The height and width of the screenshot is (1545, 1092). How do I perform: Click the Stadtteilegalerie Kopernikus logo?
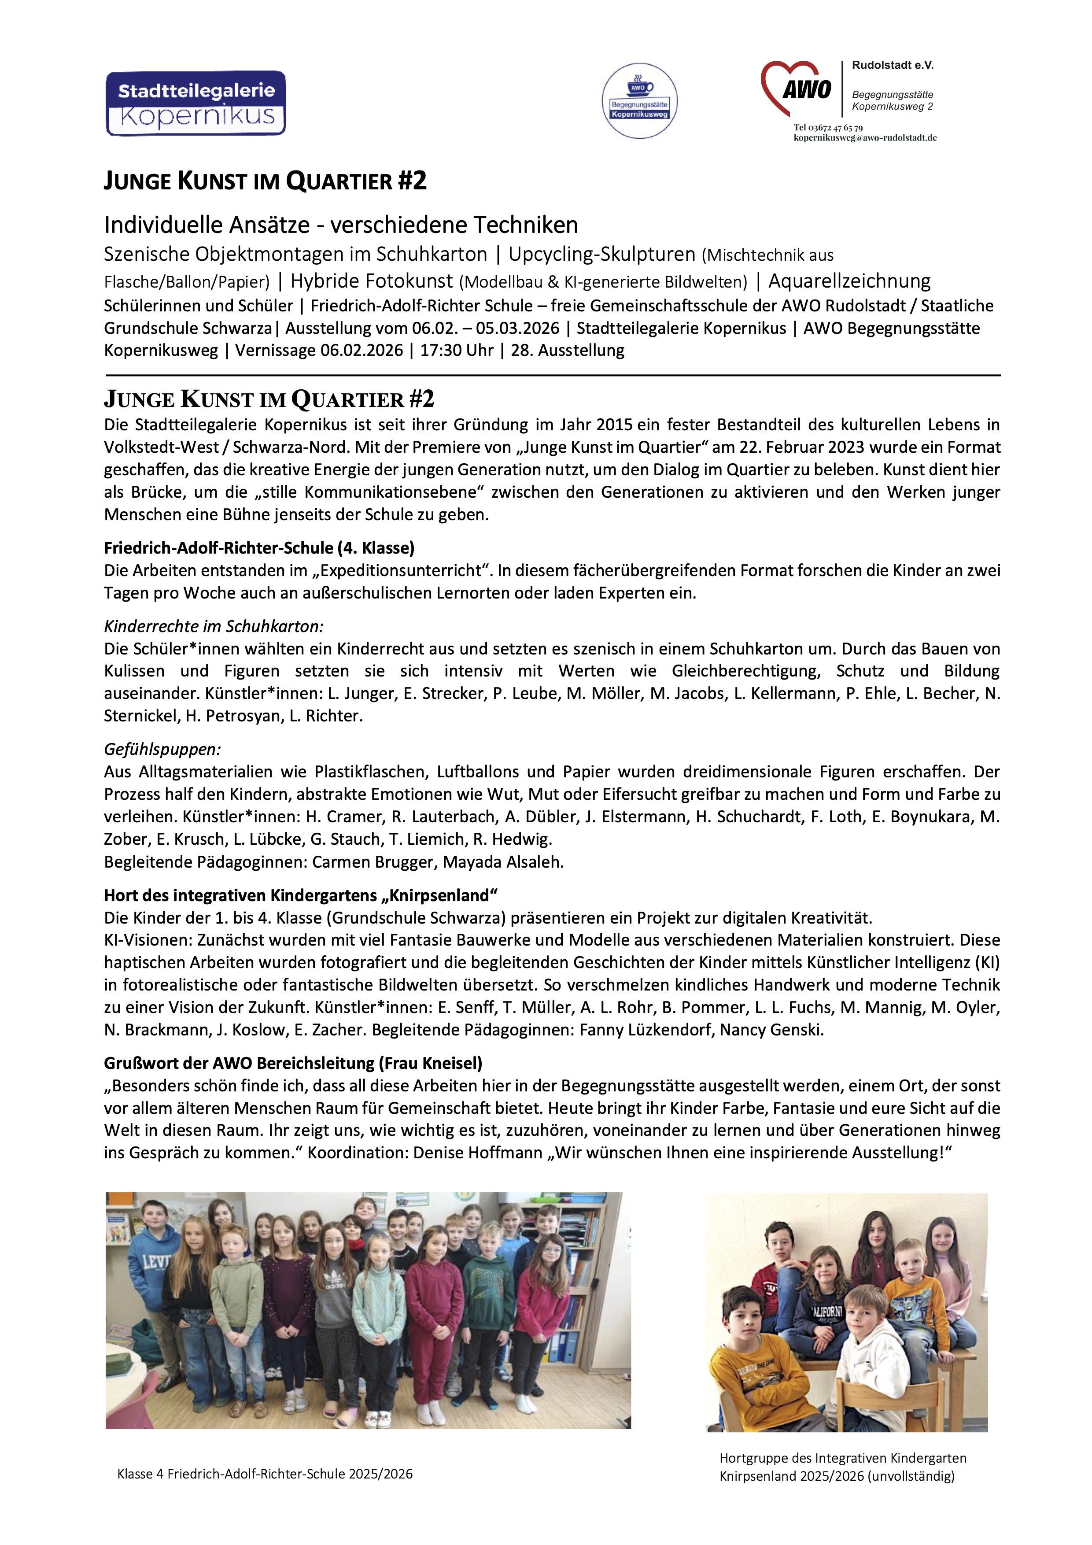point(196,103)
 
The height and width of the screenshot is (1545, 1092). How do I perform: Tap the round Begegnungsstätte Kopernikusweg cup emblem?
point(639,101)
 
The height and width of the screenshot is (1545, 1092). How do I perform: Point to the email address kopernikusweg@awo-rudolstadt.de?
point(865,137)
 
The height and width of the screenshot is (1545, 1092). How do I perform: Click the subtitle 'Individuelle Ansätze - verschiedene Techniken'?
point(340,225)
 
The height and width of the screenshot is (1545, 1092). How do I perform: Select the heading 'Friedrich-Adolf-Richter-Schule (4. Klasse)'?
point(259,548)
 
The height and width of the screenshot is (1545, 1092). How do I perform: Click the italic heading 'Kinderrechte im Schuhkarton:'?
point(213,626)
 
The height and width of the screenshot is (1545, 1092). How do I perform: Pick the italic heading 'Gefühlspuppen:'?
point(162,749)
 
